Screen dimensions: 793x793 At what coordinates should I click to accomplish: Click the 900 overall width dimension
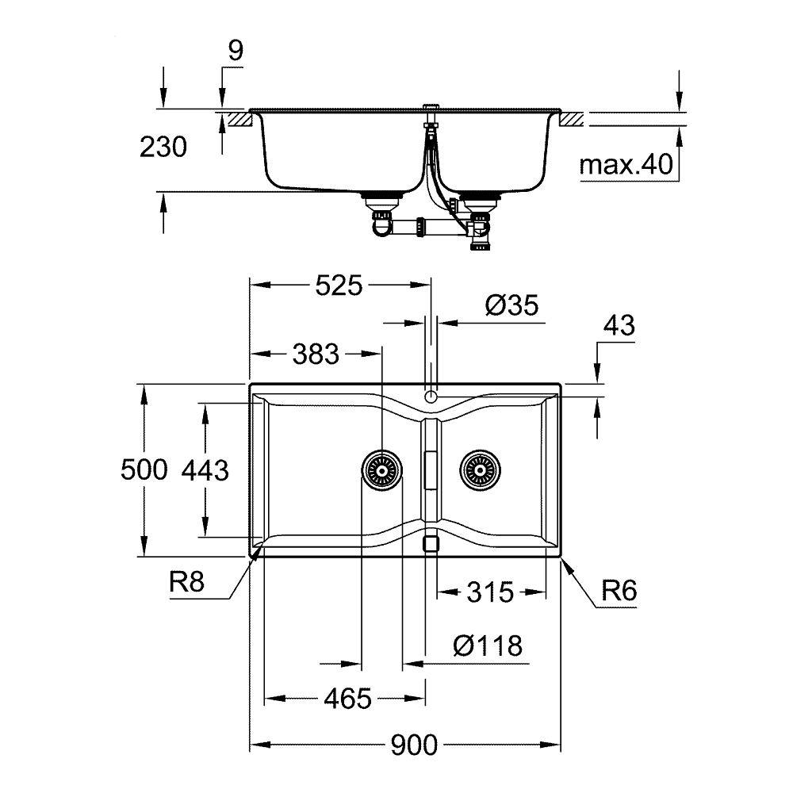click(x=414, y=745)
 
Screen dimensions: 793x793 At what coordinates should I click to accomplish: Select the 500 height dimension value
click(x=144, y=470)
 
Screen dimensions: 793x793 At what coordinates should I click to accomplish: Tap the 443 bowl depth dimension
click(x=205, y=470)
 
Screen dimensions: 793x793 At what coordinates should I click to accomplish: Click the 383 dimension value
click(x=316, y=354)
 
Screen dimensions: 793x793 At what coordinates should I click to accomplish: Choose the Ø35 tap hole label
click(x=510, y=305)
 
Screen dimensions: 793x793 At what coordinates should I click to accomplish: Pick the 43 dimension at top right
click(x=619, y=326)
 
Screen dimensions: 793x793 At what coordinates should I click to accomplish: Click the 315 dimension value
click(x=491, y=591)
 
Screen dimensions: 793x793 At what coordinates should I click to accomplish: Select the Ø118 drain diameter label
click(x=488, y=646)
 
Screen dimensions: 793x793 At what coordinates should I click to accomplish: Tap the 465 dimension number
click(x=347, y=699)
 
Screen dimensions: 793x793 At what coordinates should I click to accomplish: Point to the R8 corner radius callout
click(x=187, y=584)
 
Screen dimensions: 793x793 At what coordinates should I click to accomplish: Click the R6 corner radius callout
click(x=619, y=591)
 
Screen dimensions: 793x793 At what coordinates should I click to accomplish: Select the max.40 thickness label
click(x=626, y=165)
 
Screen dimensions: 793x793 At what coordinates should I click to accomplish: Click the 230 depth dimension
click(x=163, y=147)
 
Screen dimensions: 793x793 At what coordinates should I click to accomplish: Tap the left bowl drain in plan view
click(x=381, y=470)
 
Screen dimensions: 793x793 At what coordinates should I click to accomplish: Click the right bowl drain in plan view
click(x=479, y=470)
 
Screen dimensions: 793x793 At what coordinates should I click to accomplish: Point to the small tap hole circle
click(x=431, y=396)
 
